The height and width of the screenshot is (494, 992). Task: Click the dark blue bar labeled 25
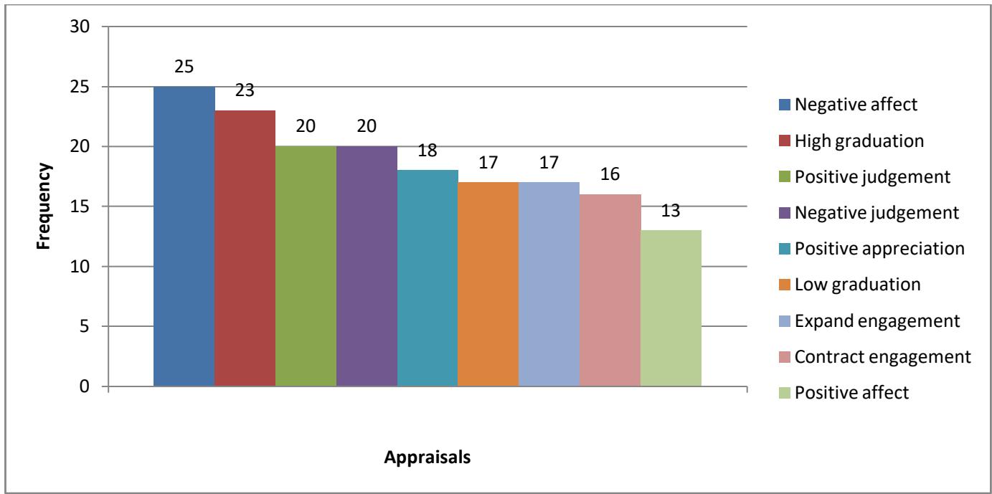(184, 237)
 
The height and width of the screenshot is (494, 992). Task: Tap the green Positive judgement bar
(306, 267)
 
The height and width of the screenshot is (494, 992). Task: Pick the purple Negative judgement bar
(367, 267)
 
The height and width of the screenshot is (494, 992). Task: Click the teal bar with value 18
(428, 279)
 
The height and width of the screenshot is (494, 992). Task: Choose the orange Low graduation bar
(488, 285)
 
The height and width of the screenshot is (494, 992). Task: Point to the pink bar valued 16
(610, 290)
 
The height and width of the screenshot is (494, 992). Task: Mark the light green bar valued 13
(671, 308)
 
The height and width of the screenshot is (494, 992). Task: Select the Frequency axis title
(45, 207)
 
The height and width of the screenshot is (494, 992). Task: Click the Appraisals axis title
(427, 458)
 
